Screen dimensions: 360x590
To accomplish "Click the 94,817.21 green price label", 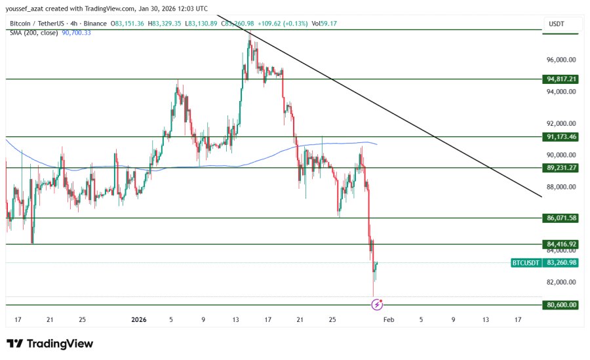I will (561, 79).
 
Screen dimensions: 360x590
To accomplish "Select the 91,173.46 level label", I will (561, 137).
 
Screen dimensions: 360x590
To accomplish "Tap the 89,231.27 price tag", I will (561, 168).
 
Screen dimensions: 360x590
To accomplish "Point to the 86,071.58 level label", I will (561, 218).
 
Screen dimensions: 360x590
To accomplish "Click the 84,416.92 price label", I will (561, 244).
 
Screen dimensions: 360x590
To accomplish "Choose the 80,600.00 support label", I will (561, 305).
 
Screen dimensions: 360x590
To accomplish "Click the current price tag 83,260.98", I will (561, 263).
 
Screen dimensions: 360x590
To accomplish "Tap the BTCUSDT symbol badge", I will (526, 263).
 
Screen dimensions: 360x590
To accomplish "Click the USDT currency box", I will (557, 24).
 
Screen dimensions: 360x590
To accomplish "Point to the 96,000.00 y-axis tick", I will (561, 60).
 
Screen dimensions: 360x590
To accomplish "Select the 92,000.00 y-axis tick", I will (561, 124).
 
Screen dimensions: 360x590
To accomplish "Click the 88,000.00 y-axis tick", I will (561, 187).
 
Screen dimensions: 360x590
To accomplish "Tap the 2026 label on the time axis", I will (138, 320).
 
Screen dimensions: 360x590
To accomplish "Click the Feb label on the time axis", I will (388, 320).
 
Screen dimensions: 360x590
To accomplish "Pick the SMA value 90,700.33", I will (76, 32).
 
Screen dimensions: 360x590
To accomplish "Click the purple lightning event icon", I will (377, 304).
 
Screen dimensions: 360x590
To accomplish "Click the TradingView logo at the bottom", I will (50, 344).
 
